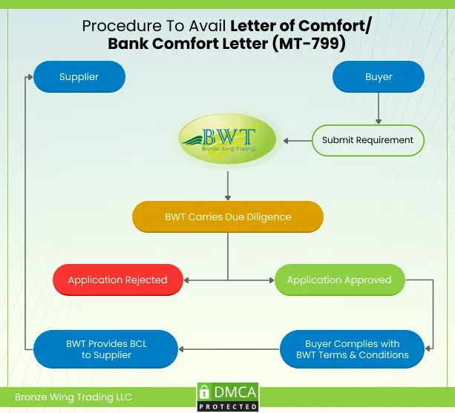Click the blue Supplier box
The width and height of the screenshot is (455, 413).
(x=79, y=76)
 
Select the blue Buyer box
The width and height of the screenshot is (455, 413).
(x=379, y=76)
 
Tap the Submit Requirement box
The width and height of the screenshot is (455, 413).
(x=367, y=139)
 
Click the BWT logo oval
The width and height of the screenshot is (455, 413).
(x=227, y=139)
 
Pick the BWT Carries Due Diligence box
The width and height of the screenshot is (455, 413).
(x=228, y=217)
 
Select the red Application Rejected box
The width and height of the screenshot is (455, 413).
(x=117, y=280)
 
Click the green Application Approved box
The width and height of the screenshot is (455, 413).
(x=339, y=280)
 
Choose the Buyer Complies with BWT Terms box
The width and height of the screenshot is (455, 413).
(x=352, y=349)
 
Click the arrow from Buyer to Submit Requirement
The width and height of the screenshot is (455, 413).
(x=379, y=108)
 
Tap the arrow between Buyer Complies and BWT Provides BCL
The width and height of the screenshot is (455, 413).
(x=230, y=349)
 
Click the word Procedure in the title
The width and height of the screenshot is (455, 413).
(x=117, y=26)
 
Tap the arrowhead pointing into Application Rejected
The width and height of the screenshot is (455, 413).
(x=188, y=280)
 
